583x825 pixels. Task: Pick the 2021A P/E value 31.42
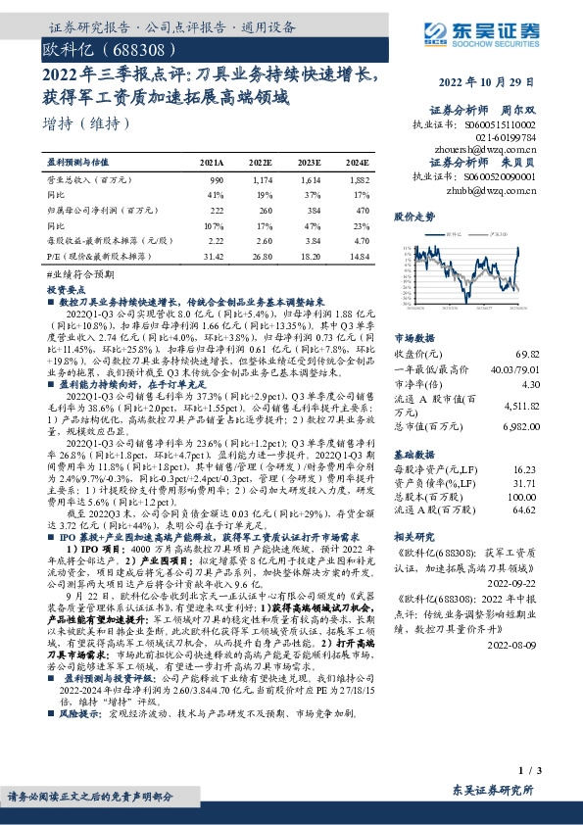[x=212, y=255]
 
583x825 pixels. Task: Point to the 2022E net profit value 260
[x=260, y=211]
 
